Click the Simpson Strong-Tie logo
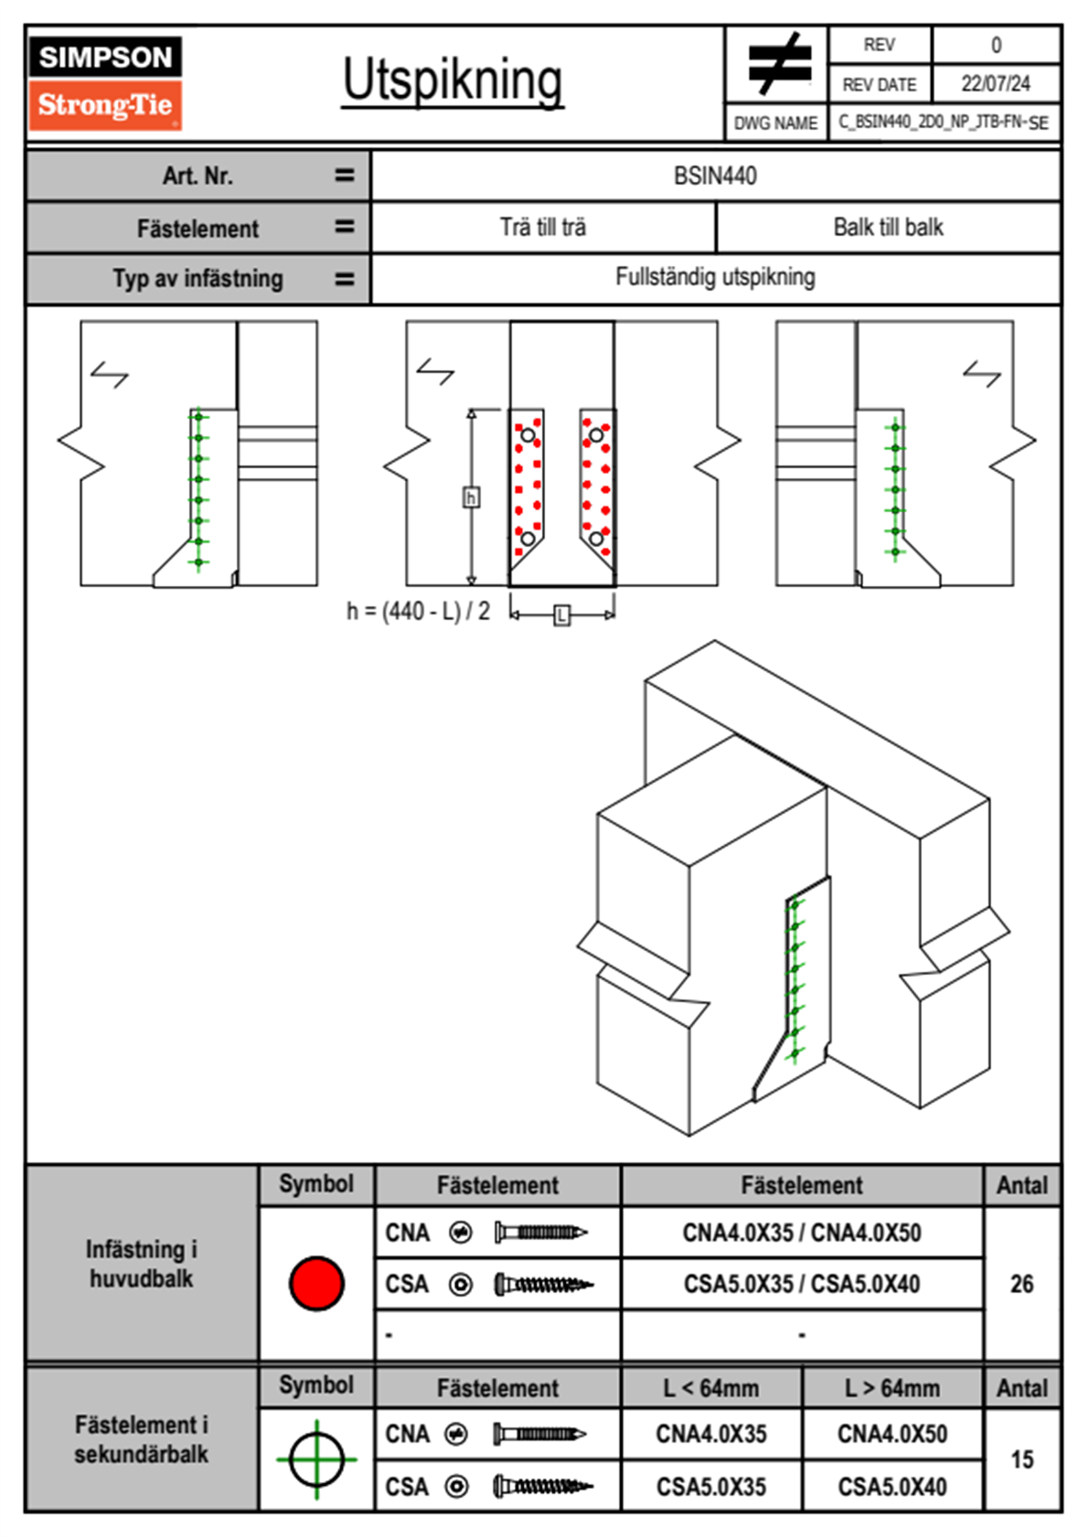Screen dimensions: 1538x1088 coord(105,82)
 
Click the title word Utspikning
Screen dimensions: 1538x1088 coord(453,80)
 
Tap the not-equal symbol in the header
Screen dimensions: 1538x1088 coord(778,64)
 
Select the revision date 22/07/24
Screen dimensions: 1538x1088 coord(995,84)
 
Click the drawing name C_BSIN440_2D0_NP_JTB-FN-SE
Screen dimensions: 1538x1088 coord(944,123)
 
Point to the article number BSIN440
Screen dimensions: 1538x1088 coord(715,176)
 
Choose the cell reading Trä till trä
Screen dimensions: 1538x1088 coord(543,227)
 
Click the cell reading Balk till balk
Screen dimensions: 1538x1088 coord(888,227)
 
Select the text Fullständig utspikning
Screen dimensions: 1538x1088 coord(715,277)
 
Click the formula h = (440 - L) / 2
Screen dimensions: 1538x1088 coord(418,611)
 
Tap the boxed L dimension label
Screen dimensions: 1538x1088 coord(562,615)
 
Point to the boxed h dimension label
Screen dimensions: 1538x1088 coord(471,497)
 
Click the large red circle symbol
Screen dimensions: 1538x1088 coord(316,1283)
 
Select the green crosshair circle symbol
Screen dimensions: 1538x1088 coord(316,1459)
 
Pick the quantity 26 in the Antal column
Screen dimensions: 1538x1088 coord(1021,1284)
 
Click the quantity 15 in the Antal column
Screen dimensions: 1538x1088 coord(1021,1459)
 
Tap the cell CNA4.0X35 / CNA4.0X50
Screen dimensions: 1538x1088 coord(802,1233)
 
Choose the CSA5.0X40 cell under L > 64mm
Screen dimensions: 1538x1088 coord(892,1487)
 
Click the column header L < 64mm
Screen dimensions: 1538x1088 coord(711,1388)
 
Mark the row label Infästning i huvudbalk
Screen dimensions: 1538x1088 coord(142,1264)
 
